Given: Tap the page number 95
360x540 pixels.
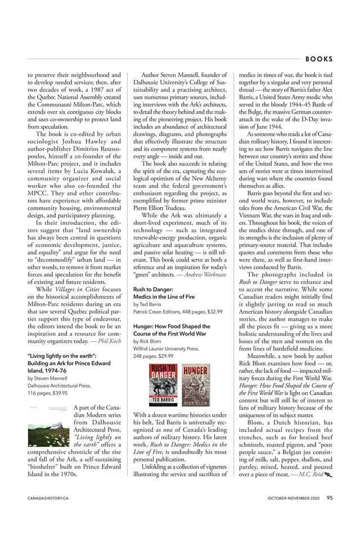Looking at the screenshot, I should coord(330,497).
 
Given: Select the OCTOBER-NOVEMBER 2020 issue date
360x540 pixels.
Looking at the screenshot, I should coord(293,498).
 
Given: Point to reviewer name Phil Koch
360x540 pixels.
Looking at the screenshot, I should coord(109,340).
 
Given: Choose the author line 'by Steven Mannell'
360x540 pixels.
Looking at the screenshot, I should coord(47,379).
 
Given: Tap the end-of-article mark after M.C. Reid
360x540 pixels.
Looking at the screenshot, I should coord(328,474).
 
